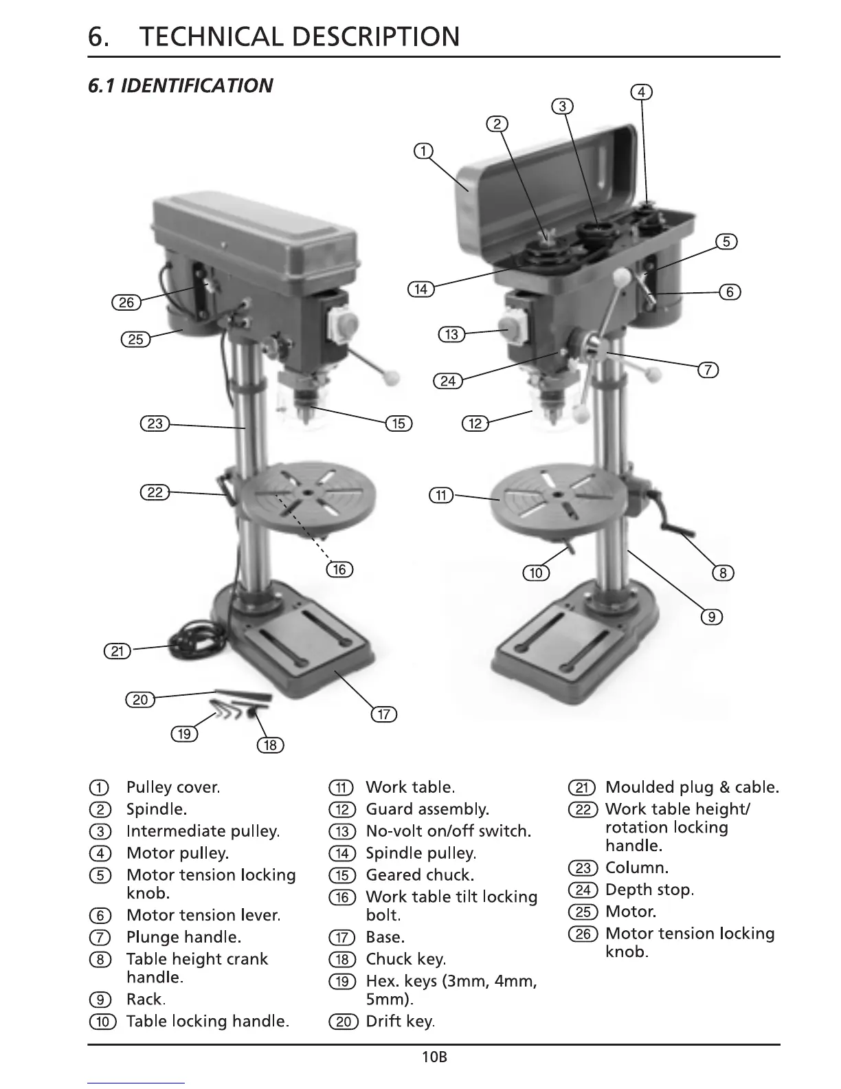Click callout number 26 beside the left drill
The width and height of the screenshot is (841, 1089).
[x=126, y=302]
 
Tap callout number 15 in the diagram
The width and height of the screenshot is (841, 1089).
[x=399, y=423]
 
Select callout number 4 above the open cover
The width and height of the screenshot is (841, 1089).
[x=640, y=92]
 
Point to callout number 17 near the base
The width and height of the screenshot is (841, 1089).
[x=383, y=714]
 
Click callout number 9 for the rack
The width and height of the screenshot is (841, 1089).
[x=711, y=617]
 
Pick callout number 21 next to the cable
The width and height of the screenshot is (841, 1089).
[x=117, y=650]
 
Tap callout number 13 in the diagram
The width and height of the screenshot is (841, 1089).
[x=451, y=335]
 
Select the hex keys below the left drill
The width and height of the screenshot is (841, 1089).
[x=227, y=709]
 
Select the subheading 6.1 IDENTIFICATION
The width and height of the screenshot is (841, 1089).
[x=180, y=86]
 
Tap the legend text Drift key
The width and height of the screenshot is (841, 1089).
[x=400, y=1022]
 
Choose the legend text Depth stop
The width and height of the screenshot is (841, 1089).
[x=649, y=890]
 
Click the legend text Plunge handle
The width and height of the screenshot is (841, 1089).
[x=183, y=937]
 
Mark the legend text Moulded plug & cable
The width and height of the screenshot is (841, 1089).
[x=691, y=787]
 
